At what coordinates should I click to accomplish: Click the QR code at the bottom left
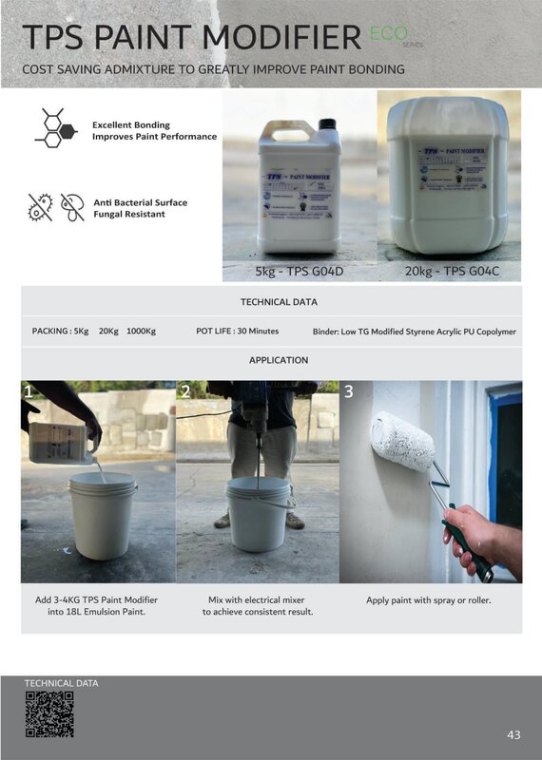(48, 714)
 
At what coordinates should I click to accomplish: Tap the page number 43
(513, 734)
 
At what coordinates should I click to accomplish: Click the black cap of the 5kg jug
(327, 123)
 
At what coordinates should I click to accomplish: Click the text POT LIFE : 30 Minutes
(236, 332)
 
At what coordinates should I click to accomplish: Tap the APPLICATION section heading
(279, 360)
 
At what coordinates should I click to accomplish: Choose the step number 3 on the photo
(349, 391)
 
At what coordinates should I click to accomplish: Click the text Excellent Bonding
(131, 124)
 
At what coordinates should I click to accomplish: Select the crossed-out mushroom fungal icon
(72, 207)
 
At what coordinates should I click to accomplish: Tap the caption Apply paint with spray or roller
(430, 600)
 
